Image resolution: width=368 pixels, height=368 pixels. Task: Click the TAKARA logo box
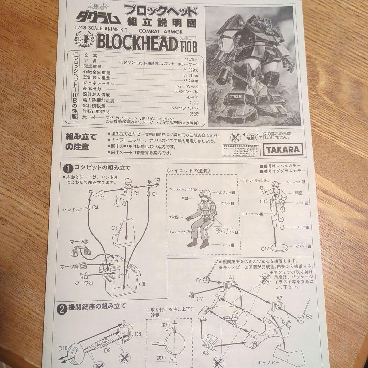[x=282, y=149]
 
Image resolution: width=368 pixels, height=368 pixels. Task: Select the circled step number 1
[x=68, y=168]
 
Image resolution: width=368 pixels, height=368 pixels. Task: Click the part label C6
[x=142, y=283]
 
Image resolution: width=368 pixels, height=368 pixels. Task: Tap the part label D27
[x=199, y=299]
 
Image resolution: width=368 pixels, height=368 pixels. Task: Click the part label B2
[x=309, y=317]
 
